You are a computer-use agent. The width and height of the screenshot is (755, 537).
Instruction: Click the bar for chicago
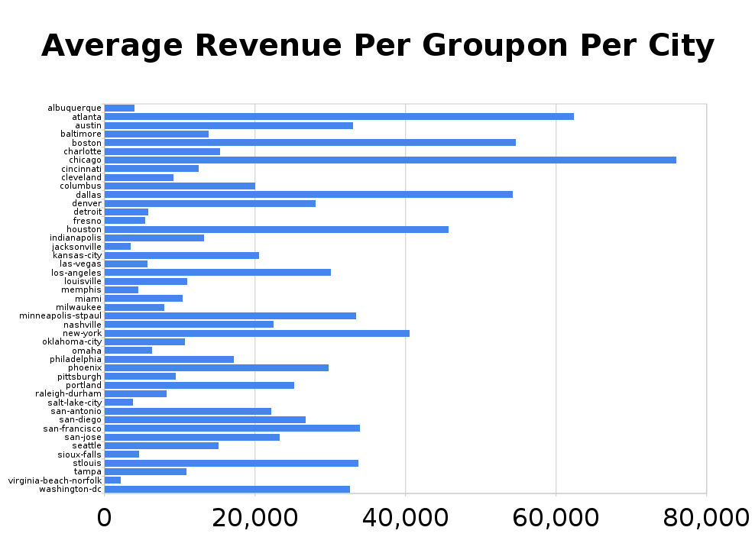[390, 160]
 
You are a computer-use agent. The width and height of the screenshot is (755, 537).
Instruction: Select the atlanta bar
[339, 116]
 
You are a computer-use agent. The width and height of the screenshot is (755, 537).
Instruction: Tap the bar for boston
[310, 142]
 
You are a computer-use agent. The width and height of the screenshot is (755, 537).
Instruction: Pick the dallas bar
[309, 194]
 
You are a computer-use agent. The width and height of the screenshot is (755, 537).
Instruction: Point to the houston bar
[277, 229]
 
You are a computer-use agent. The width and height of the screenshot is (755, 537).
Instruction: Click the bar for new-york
[257, 334]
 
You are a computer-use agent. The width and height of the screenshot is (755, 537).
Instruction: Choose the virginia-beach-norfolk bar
[112, 480]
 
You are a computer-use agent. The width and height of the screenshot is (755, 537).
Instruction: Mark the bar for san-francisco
[232, 429]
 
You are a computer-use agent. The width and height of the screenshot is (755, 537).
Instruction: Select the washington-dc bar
[227, 490]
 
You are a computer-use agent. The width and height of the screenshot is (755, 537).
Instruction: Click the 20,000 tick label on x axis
[254, 518]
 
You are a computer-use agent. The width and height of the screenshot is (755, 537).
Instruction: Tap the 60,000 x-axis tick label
[556, 518]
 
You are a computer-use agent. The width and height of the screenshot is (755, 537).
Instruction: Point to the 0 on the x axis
[104, 518]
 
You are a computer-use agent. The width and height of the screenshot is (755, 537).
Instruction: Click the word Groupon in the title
[495, 46]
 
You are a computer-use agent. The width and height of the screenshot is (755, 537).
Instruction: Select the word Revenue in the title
[268, 45]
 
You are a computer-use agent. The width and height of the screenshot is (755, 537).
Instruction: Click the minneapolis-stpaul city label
[60, 315]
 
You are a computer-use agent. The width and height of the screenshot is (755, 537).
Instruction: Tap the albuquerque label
[75, 108]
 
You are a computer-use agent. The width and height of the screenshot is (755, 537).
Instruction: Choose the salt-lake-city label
[75, 403]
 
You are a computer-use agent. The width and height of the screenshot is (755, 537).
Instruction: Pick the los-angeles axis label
[76, 273]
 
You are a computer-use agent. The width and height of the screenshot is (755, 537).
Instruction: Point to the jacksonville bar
[118, 247]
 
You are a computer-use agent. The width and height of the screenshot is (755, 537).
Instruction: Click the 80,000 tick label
[706, 518]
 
